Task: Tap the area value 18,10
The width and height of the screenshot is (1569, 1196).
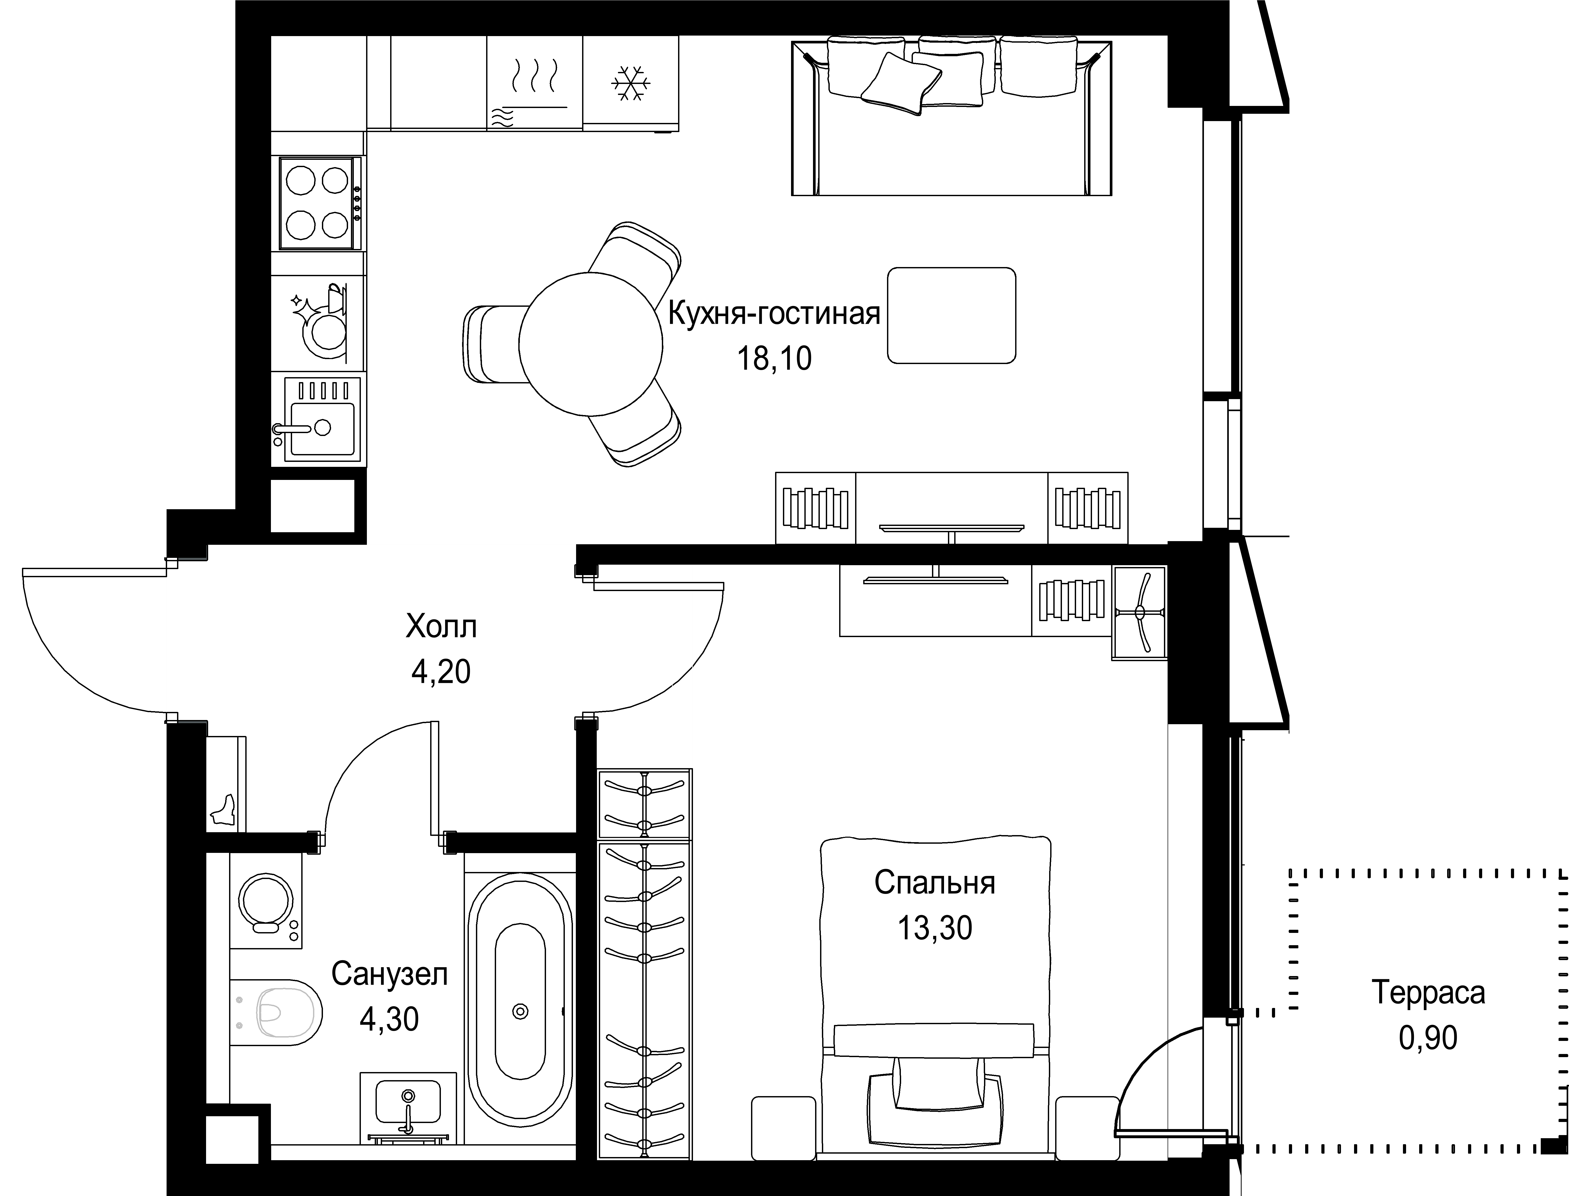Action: [x=774, y=359]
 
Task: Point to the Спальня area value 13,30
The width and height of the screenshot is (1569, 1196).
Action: [x=935, y=928]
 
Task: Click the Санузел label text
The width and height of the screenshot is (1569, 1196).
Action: [x=389, y=974]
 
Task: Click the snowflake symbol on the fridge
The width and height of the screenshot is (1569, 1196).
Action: [x=631, y=83]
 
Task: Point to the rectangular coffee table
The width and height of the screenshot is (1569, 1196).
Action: [x=951, y=315]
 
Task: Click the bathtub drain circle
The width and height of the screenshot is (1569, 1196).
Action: [x=520, y=1011]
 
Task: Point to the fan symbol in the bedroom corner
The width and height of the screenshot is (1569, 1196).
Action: [x=1139, y=612]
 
